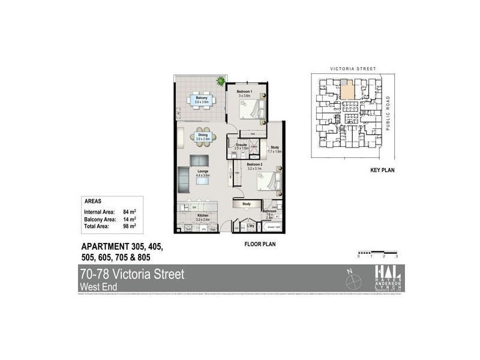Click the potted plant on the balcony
point(221,80)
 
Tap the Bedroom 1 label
point(245,90)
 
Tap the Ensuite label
point(242,145)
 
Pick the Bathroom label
point(268,212)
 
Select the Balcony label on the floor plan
point(200,99)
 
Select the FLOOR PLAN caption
point(259,244)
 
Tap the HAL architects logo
point(389,278)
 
